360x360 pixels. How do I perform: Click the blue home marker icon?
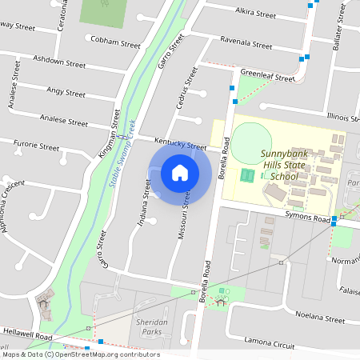coord(180,173)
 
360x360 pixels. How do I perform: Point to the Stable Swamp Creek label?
coord(122,158)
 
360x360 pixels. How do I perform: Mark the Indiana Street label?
coord(144,202)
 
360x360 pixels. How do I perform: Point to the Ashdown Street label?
coord(58,62)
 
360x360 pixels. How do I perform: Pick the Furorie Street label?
coord(37,146)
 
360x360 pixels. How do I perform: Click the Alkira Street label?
coord(256,14)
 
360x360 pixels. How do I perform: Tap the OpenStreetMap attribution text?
coord(81,354)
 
